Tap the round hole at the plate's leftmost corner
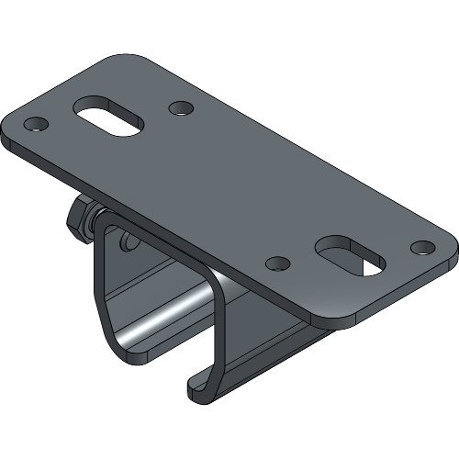(35, 123)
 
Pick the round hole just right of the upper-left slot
(181, 108)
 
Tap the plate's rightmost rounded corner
(450, 250)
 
